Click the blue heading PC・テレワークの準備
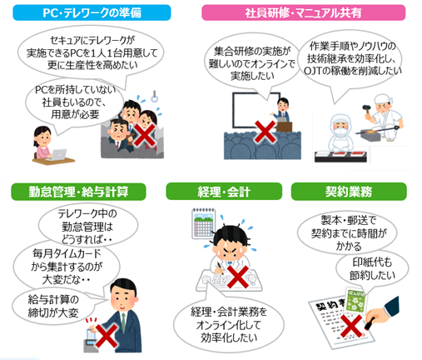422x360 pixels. click(x=92, y=12)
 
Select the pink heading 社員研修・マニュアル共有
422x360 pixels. click(x=303, y=12)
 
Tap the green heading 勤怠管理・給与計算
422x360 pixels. click(x=78, y=192)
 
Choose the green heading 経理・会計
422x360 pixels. click(x=224, y=192)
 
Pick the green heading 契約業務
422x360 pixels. click(x=349, y=192)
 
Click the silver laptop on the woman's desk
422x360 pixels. click(x=58, y=155)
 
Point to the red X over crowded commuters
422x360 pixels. click(x=145, y=135)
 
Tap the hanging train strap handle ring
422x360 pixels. click(x=154, y=97)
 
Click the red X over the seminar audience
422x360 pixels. click(x=265, y=132)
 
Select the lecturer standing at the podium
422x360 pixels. click(x=282, y=110)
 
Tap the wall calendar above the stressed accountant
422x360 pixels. click(x=203, y=223)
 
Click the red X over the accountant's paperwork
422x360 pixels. click(x=237, y=277)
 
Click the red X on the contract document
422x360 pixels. click(x=351, y=325)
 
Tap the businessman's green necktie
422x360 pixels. click(x=123, y=322)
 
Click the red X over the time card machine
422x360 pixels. click(x=107, y=336)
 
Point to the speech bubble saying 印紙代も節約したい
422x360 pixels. click(x=372, y=268)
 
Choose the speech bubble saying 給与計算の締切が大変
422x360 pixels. click(x=53, y=307)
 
